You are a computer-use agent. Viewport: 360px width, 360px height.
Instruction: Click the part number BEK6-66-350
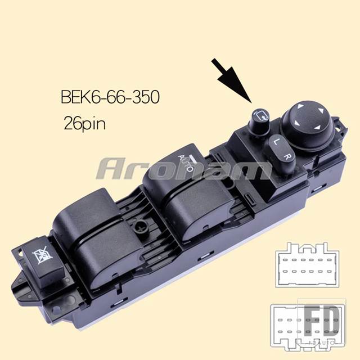pyautogui.click(x=110, y=97)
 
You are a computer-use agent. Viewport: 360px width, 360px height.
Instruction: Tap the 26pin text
pyautogui.click(x=85, y=123)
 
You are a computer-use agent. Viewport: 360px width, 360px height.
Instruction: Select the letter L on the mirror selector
pyautogui.click(x=276, y=141)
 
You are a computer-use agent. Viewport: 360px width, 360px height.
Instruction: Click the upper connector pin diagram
pyautogui.click(x=308, y=265)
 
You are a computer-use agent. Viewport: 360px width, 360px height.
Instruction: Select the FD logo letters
pyautogui.click(x=322, y=321)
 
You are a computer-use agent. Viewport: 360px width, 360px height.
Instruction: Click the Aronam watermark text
pyautogui.click(x=184, y=169)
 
